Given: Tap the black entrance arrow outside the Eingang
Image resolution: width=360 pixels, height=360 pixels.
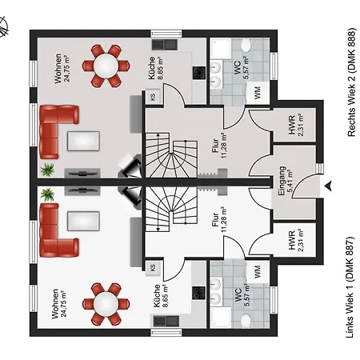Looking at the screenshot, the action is coord(328,186).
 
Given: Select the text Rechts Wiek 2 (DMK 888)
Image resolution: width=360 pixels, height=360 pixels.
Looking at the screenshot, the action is coord(352,82).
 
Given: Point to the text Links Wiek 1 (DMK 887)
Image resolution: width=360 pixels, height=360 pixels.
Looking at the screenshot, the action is coord(350,287).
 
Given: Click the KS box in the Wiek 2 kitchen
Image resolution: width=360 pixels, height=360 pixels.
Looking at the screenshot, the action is coord(153,97).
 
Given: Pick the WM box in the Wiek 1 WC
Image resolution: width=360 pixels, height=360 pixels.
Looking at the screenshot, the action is coord(257,271).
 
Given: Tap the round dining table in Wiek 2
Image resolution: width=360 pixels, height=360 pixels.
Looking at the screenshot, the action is coord(106,66).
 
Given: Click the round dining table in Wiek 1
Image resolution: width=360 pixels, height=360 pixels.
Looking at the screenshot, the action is coord(106,304).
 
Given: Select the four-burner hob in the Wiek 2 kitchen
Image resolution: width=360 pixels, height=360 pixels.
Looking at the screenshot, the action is coord(199,73).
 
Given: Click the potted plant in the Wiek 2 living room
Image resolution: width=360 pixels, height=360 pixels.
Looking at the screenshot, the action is coord(47,170).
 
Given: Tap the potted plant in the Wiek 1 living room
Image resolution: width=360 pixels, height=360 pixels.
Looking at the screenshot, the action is coord(47,194).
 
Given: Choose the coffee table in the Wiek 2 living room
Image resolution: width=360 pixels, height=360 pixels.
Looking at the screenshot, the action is coord(83,141).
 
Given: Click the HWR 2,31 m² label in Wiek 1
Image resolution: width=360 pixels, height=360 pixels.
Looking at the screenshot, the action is coord(296,240).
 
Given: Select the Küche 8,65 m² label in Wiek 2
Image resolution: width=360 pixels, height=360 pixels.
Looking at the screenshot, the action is coord(155,68).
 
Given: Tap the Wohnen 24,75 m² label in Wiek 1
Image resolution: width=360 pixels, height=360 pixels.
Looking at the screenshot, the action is coord(59,303).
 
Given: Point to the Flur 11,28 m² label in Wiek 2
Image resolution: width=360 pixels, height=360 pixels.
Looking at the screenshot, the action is coord(219,146).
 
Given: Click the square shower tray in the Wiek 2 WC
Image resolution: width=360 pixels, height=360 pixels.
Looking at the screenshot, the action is coord(221,50).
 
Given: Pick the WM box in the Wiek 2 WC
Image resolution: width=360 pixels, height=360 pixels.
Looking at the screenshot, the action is coord(257,93).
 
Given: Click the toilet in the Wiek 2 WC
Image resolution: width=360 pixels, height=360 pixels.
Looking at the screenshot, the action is coord(246,46).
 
